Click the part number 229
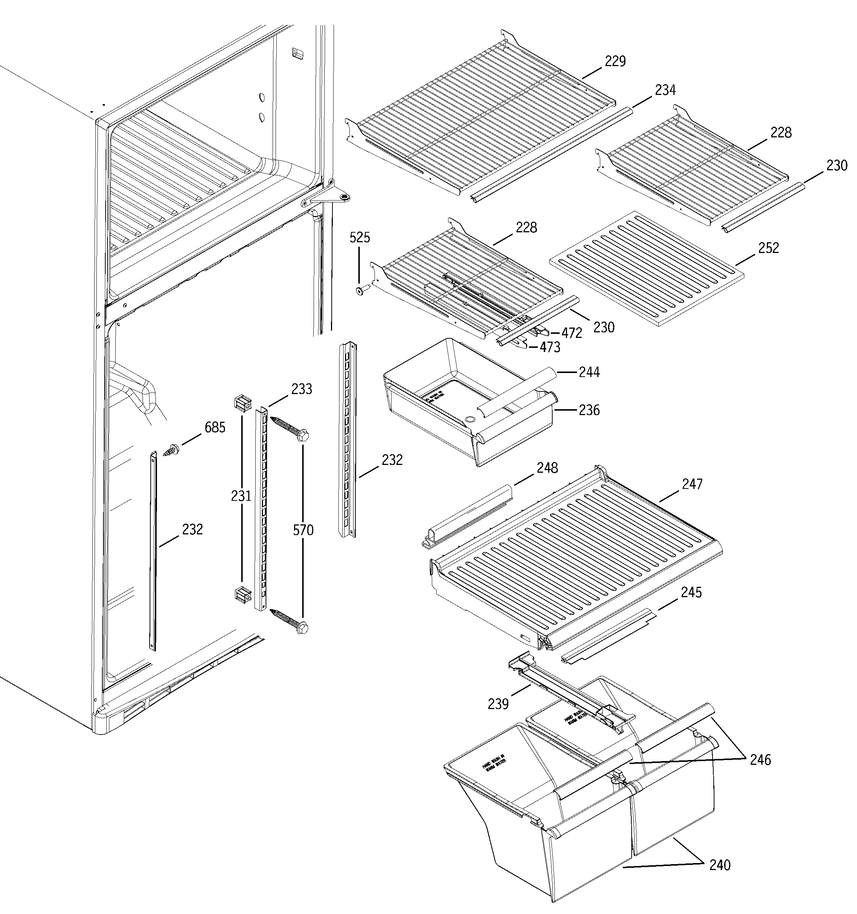click(615, 61)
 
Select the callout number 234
click(665, 90)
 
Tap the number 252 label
click(768, 248)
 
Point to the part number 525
click(359, 238)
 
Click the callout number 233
click(301, 389)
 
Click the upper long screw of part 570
click(290, 427)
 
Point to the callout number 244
click(589, 372)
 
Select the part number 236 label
click(589, 410)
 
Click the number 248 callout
click(547, 468)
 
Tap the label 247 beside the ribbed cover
click(692, 484)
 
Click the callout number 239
click(498, 704)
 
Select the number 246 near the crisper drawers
click(760, 760)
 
